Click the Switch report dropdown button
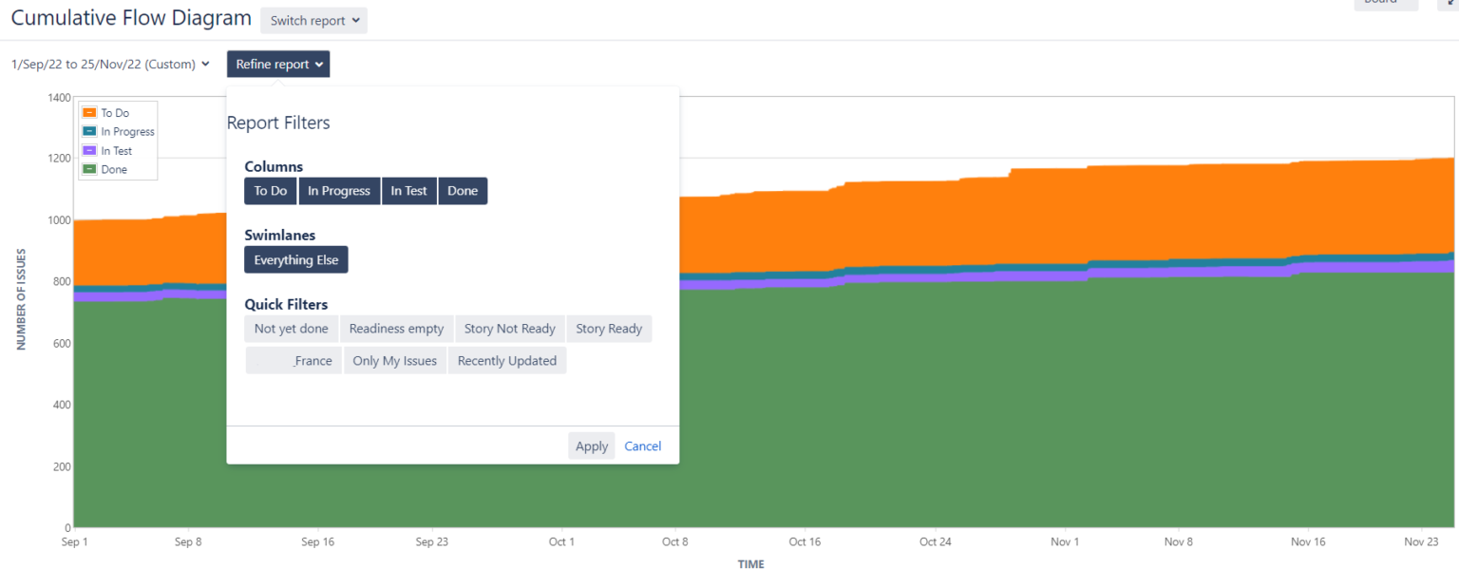(x=313, y=21)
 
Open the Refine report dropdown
(x=278, y=65)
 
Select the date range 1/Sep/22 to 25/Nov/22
(x=110, y=65)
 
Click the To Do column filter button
(x=271, y=191)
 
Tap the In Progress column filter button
(x=339, y=191)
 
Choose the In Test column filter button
(x=409, y=191)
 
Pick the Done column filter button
(x=463, y=191)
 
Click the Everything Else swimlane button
(x=296, y=260)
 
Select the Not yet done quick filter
(x=292, y=329)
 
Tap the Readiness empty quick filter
(x=397, y=329)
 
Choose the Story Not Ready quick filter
(x=510, y=329)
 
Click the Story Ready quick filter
(x=609, y=329)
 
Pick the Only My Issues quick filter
(x=395, y=361)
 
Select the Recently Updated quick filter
(x=507, y=361)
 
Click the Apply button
(x=592, y=446)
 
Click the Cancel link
(x=643, y=446)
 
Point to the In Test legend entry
(x=116, y=151)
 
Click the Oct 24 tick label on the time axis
(x=936, y=542)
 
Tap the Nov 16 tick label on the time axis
(x=1308, y=542)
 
